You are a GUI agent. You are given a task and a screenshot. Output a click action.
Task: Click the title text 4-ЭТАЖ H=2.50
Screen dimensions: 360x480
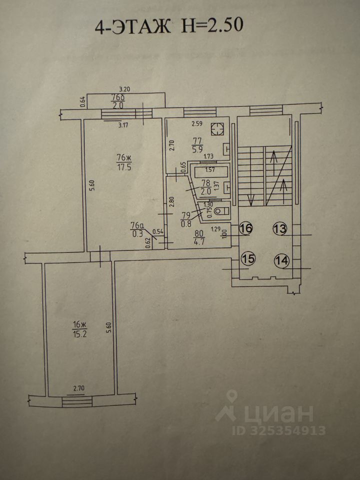[x=169, y=25]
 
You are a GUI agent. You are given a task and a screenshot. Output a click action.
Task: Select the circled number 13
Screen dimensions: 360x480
[x=280, y=229]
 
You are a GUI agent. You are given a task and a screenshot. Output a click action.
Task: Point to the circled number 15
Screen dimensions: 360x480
[x=247, y=258]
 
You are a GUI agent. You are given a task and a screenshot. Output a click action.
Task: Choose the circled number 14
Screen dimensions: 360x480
[x=281, y=260]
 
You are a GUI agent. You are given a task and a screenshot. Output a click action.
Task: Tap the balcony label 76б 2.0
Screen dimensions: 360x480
[x=117, y=101]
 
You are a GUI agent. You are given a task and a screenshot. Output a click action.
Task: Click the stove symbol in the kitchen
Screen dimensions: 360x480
[x=216, y=129]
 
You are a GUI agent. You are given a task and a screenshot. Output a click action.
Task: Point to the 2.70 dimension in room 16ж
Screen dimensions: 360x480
[x=80, y=387]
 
